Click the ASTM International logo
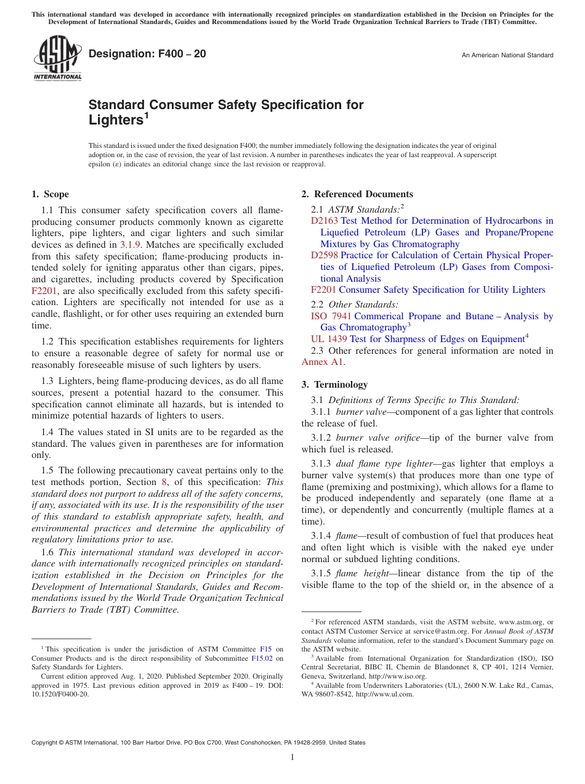(57, 59)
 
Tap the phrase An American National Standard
(507, 55)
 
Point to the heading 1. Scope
(50, 194)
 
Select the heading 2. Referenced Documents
(357, 194)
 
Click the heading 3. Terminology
(334, 384)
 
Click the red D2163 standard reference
(325, 221)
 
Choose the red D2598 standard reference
(325, 255)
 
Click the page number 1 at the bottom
(292, 757)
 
